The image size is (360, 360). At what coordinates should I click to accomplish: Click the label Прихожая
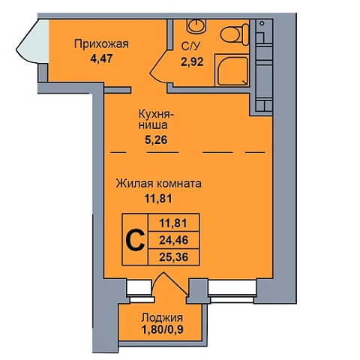pos(101,44)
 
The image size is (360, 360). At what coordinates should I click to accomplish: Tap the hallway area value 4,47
pos(102,59)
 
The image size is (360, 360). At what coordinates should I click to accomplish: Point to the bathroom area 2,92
pos(192,61)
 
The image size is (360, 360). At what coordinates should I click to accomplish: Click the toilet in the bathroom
pos(235,34)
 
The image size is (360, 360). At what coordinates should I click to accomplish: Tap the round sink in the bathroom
pos(196,25)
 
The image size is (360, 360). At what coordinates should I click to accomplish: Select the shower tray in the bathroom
pos(232,70)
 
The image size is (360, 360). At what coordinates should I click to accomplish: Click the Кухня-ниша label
pos(156,120)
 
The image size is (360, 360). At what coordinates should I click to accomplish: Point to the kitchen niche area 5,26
pos(156,140)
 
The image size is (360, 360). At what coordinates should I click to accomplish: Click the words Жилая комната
pos(158,184)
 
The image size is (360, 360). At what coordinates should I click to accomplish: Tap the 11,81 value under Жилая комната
pos(158,199)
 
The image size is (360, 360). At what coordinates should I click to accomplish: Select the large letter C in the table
pos(136,240)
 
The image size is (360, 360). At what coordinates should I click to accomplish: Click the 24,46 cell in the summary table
pos(173,240)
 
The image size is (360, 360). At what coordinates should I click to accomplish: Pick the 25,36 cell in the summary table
pos(173,256)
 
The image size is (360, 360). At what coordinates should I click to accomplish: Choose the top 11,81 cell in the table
pos(173,223)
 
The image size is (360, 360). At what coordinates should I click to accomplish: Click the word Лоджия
pos(162,318)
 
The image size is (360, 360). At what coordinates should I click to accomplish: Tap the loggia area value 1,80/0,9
pos(163,330)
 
